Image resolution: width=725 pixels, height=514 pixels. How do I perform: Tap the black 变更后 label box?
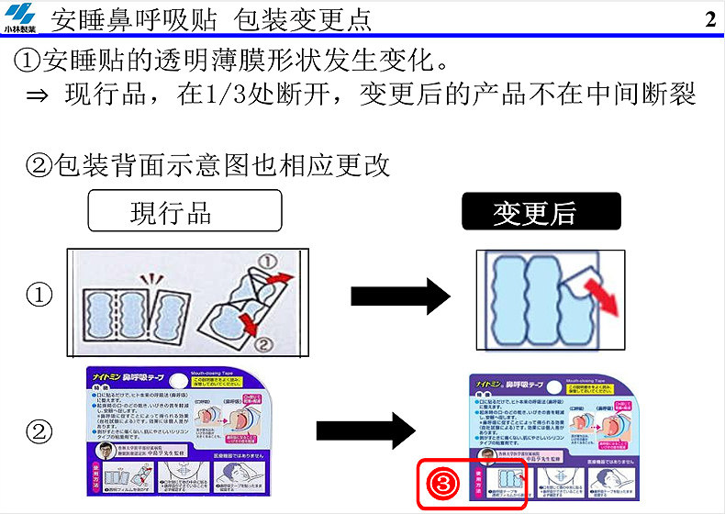pyautogui.click(x=540, y=212)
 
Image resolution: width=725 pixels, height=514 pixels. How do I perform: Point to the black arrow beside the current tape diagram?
pyautogui.click(x=400, y=296)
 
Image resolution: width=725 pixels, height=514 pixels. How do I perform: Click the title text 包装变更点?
pyautogui.click(x=302, y=19)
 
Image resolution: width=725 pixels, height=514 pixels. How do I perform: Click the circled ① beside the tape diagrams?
pyautogui.click(x=39, y=296)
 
